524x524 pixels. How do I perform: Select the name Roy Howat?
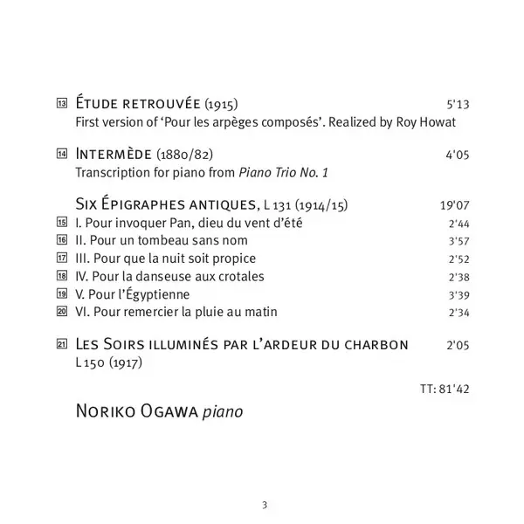point(427,122)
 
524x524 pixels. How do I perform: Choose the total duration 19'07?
point(455,207)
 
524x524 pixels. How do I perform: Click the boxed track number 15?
point(61,224)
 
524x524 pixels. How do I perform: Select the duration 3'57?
point(458,241)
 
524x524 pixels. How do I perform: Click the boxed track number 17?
point(61,259)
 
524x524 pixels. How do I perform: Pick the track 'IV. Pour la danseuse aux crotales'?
point(170,276)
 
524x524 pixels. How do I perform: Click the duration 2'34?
point(458,312)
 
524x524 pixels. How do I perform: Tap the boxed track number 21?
point(61,344)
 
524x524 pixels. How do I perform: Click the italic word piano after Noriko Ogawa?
point(221,409)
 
